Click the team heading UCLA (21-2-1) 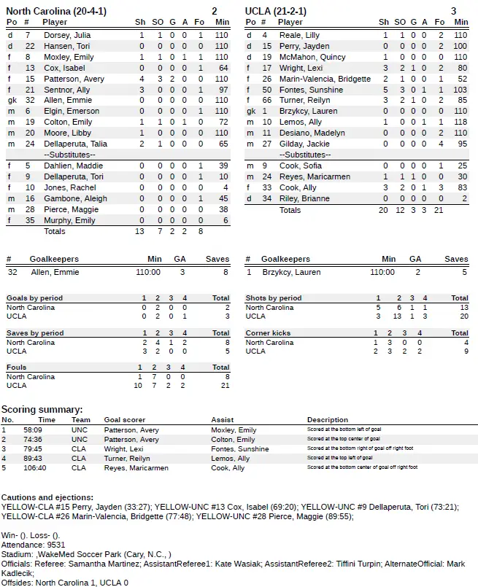[276, 11]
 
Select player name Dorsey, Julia [67, 35]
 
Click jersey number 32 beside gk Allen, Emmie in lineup [30, 100]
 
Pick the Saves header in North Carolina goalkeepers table [217, 259]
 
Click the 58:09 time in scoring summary [47, 430]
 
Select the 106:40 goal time [47, 468]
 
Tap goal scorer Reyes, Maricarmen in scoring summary [136, 468]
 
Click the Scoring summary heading [42, 410]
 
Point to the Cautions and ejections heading [47, 497]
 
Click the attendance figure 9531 [56, 544]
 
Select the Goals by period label [34, 298]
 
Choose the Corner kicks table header [268, 333]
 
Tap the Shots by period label [274, 298]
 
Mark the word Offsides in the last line [18, 582]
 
